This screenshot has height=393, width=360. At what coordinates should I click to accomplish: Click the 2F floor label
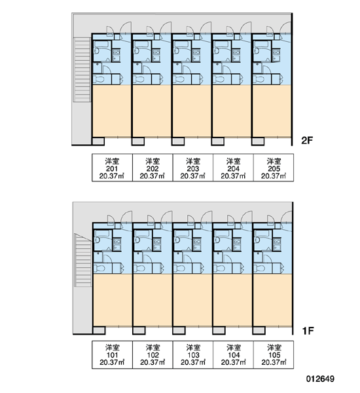(x=307, y=140)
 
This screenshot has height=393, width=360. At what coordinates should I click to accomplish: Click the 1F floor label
(x=308, y=331)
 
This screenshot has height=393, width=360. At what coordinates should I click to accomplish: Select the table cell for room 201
(x=112, y=168)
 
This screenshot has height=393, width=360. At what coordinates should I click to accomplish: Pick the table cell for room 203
(x=193, y=168)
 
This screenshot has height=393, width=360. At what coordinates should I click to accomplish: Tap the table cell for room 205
(x=274, y=168)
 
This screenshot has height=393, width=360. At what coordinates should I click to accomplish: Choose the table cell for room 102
(x=153, y=354)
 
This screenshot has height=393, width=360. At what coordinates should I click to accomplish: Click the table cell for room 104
(x=233, y=354)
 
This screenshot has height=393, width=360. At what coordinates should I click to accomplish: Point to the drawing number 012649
(x=320, y=379)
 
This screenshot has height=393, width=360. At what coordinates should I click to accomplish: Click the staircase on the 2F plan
(x=82, y=69)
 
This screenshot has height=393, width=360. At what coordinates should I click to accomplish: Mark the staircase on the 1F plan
(x=83, y=260)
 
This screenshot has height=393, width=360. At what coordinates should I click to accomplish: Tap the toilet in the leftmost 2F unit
(x=99, y=79)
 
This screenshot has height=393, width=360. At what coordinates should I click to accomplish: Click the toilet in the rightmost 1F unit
(x=261, y=269)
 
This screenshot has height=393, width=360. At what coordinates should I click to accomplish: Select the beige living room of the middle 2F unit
(x=192, y=111)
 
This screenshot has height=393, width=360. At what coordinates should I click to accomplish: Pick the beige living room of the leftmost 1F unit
(x=113, y=300)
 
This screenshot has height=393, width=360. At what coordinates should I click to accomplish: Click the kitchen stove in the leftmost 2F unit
(x=117, y=52)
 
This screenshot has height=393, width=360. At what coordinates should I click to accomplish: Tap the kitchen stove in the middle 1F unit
(x=197, y=242)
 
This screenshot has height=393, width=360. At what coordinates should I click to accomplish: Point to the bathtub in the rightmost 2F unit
(x=261, y=45)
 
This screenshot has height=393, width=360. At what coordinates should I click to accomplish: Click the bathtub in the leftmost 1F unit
(x=102, y=233)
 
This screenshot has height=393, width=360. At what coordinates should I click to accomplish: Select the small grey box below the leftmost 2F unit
(x=98, y=141)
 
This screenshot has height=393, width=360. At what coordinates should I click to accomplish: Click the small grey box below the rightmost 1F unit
(x=259, y=331)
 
